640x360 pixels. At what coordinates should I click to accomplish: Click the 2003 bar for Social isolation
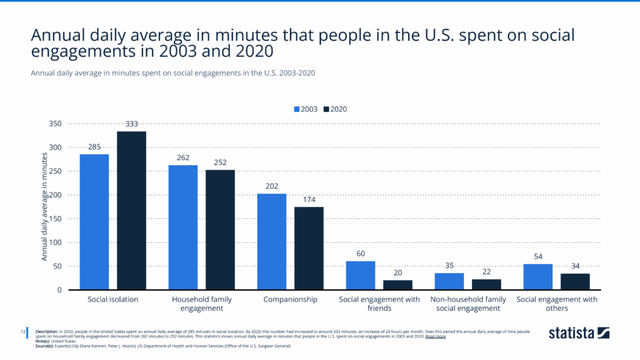(94, 222)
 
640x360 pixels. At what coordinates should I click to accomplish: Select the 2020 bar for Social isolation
(131, 211)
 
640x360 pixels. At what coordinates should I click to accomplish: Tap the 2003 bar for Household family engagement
(182, 227)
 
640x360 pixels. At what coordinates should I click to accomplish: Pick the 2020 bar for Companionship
(309, 248)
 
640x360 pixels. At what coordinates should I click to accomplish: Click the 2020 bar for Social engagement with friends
(397, 285)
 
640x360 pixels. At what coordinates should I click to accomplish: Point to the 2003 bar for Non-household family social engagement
(449, 281)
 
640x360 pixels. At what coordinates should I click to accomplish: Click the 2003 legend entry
(306, 109)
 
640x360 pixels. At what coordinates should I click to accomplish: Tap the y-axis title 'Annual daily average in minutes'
(44, 207)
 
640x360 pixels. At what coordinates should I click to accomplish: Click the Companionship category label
(290, 300)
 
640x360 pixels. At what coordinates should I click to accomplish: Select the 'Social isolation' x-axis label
(112, 300)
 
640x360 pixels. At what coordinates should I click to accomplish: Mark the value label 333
(131, 124)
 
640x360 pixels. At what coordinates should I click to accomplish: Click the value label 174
(309, 199)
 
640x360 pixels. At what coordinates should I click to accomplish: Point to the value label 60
(361, 254)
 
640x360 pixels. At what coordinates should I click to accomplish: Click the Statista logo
(579, 332)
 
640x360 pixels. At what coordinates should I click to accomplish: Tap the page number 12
(22, 331)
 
